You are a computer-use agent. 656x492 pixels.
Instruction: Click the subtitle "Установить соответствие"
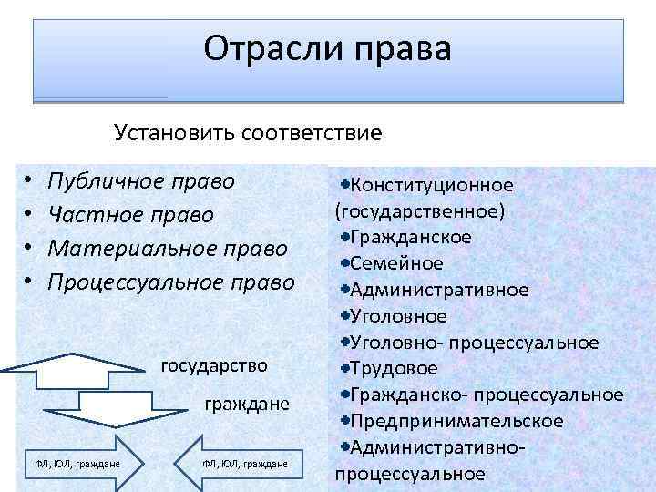click(x=247, y=133)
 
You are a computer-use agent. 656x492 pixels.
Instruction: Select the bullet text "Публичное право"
click(x=141, y=180)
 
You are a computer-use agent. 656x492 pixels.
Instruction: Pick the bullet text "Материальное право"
click(x=168, y=249)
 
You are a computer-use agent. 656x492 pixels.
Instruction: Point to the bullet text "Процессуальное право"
click(x=171, y=282)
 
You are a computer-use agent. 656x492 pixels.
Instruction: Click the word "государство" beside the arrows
click(x=214, y=365)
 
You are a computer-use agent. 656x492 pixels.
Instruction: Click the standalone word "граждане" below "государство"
click(x=247, y=404)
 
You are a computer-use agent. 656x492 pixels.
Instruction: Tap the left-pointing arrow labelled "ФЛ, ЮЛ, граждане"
click(x=242, y=464)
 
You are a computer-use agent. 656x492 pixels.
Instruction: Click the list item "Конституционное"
click(x=431, y=185)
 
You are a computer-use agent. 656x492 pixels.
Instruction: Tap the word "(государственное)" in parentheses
click(x=421, y=210)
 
